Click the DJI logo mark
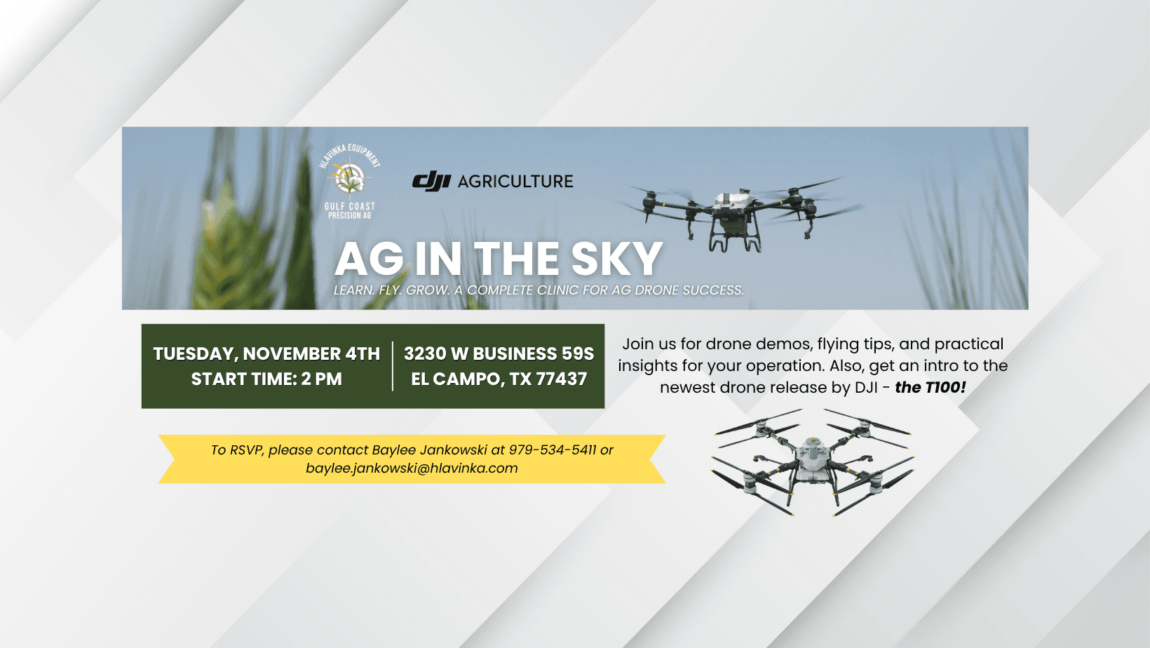click(x=431, y=181)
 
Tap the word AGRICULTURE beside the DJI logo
click(x=515, y=181)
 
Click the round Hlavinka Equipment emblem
click(x=350, y=177)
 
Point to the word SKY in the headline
click(x=616, y=259)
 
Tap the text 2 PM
click(x=321, y=379)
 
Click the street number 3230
click(x=425, y=353)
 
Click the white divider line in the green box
click(x=393, y=366)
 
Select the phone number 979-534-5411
click(x=553, y=450)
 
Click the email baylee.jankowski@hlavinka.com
click(x=412, y=468)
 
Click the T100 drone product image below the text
click(x=811, y=461)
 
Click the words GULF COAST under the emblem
click(x=350, y=206)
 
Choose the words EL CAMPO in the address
click(x=455, y=379)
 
